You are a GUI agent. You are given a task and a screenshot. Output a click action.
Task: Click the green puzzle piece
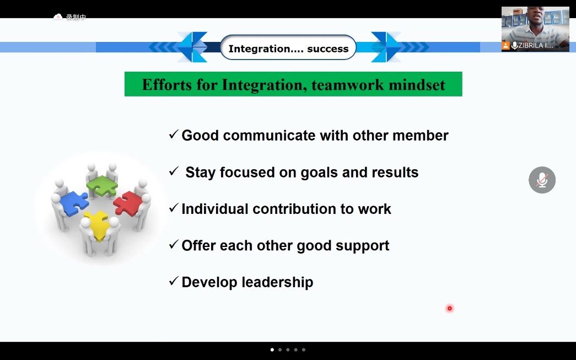pyautogui.click(x=102, y=185)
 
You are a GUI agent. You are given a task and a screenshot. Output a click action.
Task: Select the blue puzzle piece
pyautogui.click(x=74, y=203)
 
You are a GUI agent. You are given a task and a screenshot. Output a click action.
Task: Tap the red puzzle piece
pyautogui.click(x=127, y=203)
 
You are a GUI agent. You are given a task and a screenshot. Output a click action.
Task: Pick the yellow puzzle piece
pyautogui.click(x=98, y=224)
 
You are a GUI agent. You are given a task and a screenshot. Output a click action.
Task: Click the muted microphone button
pyautogui.click(x=542, y=180)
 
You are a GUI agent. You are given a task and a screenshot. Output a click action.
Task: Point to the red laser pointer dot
pyautogui.click(x=450, y=308)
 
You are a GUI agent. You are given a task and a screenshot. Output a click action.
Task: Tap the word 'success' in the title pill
pyautogui.click(x=327, y=49)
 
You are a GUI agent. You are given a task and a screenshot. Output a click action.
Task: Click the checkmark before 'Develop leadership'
pyautogui.click(x=174, y=281)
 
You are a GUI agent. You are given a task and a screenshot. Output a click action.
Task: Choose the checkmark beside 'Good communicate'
pyautogui.click(x=174, y=134)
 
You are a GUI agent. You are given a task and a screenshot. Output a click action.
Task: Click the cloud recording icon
pyautogui.click(x=58, y=17)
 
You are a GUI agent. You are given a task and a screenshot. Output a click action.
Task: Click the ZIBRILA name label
pyautogui.click(x=536, y=46)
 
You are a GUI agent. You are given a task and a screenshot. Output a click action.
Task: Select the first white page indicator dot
pyautogui.click(x=272, y=350)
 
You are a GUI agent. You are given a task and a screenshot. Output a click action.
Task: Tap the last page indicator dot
pyautogui.click(x=303, y=350)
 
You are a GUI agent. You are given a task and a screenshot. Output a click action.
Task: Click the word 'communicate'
pyautogui.click(x=269, y=136)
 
